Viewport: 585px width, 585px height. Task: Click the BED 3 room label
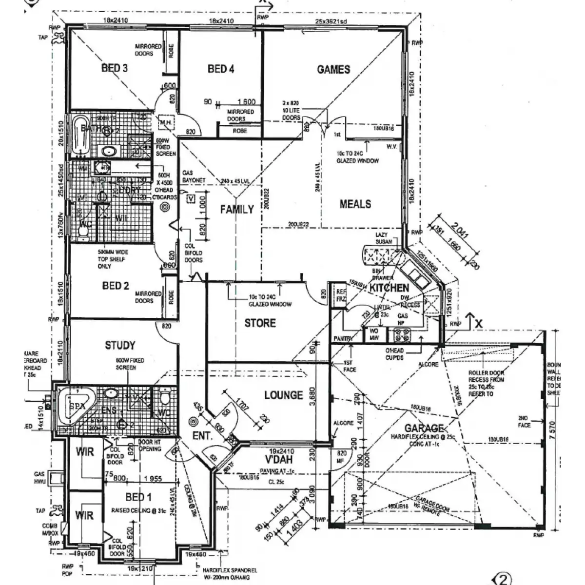coord(115,68)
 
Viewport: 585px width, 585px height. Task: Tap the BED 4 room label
coord(221,69)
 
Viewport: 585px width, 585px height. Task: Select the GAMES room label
coord(333,70)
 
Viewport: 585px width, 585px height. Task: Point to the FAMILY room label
coord(237,210)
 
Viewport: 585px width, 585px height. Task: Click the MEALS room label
coord(355,204)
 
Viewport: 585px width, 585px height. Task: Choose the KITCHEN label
coord(389,288)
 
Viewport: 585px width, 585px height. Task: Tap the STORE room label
coord(260,323)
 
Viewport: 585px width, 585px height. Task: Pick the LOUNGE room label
coord(283,395)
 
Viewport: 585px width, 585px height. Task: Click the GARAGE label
coord(424,429)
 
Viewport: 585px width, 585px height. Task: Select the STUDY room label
coord(120,346)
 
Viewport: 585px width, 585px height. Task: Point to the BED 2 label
coord(116,286)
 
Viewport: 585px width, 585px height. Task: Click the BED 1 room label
coord(138,497)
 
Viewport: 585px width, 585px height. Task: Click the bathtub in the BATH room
coord(80,136)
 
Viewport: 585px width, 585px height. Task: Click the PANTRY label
coord(343,338)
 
